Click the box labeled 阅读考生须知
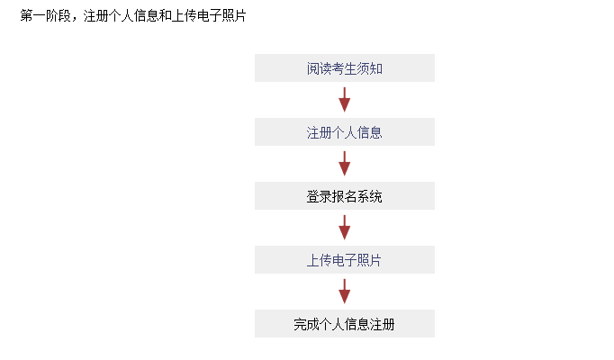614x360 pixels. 345,68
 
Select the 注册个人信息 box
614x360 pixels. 345,132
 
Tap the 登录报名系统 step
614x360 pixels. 345,195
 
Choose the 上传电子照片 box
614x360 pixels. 345,259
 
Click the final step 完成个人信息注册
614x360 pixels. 345,324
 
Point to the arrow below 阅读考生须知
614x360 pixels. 345,100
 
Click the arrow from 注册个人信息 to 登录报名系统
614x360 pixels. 345,164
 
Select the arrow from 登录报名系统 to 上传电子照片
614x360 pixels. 345,228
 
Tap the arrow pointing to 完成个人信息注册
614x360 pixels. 345,291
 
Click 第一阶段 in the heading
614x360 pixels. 45,15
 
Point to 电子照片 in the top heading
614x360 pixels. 221,15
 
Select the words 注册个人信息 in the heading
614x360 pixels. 121,15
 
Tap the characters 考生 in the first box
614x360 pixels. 345,68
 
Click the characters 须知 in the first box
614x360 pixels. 370,68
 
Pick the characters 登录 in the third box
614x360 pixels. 319,196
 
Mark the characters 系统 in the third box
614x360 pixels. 370,196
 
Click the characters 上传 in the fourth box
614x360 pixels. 319,260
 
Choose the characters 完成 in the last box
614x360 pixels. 307,324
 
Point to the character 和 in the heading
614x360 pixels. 165,15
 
